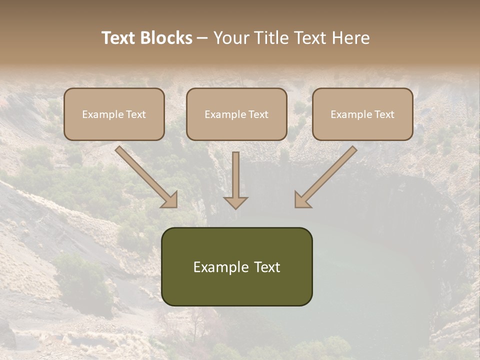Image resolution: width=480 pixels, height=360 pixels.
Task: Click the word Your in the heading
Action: click(232, 38)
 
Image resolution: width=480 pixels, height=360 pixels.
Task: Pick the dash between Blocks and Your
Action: click(202, 38)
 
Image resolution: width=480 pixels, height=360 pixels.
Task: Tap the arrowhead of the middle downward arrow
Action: click(235, 202)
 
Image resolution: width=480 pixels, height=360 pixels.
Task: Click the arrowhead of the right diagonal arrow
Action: click(302, 199)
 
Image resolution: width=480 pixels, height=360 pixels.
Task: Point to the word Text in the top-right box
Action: click(384, 114)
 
